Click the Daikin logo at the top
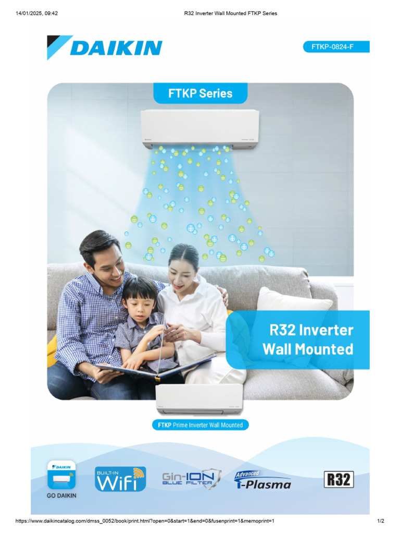pos(105,47)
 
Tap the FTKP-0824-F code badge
pos(336,47)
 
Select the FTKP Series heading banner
pos(200,94)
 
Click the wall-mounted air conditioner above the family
pos(200,128)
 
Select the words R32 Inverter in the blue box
pos(311,330)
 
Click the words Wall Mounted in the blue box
pos(308,349)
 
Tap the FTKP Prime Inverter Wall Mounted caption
pos(200,425)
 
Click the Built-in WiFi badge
pos(120,479)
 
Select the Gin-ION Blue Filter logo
pos(192,479)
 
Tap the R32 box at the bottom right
pos(339,479)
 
